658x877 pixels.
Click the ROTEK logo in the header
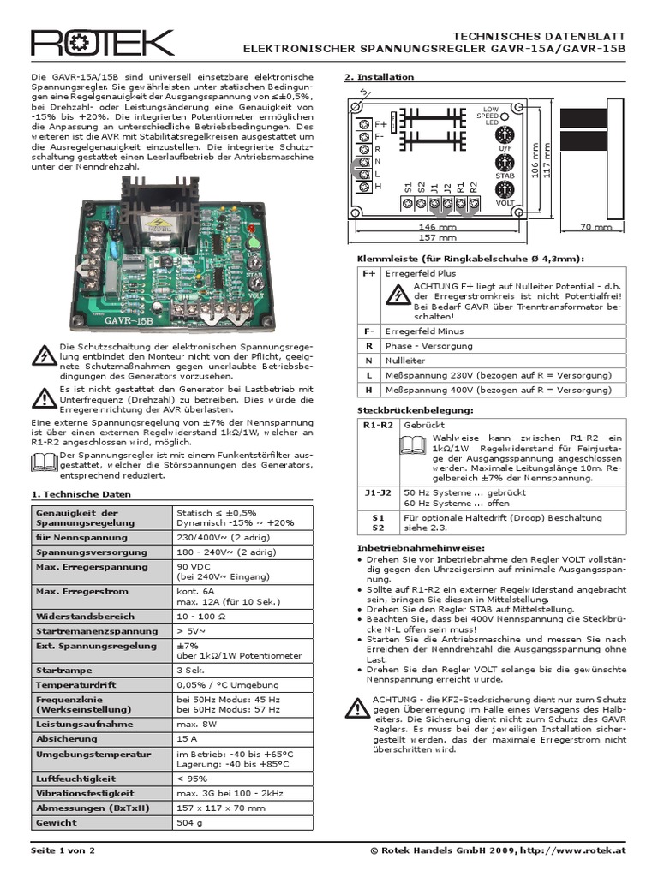[102, 44]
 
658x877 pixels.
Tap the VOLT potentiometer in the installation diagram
[505, 189]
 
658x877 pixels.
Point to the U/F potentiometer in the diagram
[505, 134]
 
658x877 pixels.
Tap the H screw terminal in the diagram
[365, 186]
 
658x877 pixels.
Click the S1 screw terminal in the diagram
[408, 204]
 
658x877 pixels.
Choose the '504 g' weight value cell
[189, 823]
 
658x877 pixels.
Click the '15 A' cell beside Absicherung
[187, 737]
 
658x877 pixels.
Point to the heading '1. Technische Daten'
[81, 495]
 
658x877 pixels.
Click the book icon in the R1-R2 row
[411, 444]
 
